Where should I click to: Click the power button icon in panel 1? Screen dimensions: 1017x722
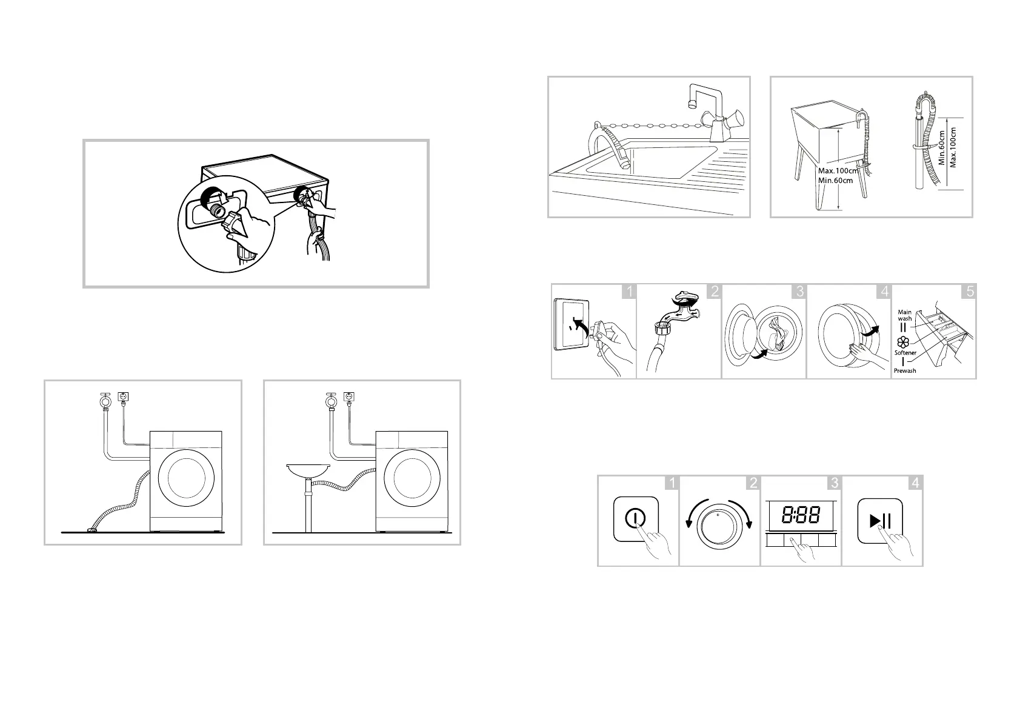coord(635,518)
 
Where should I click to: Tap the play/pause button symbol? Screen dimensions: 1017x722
coord(880,521)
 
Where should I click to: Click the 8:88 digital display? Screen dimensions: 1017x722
coord(801,515)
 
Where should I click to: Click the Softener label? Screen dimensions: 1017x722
coord(905,353)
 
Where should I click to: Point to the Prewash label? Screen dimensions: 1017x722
coord(905,371)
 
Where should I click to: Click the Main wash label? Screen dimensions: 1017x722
coord(904,315)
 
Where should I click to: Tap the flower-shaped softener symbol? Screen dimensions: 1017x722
coord(903,342)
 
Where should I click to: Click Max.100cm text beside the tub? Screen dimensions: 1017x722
coord(838,171)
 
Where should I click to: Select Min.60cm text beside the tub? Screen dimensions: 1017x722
coord(835,180)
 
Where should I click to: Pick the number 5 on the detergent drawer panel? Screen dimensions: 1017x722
coord(969,292)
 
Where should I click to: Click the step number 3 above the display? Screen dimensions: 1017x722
coord(835,483)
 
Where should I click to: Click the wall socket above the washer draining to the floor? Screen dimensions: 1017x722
coord(123,396)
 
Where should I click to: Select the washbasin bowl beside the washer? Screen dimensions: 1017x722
coord(308,470)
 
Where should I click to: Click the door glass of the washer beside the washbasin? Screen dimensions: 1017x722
coord(412,478)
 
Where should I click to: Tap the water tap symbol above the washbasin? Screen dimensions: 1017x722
coord(332,401)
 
